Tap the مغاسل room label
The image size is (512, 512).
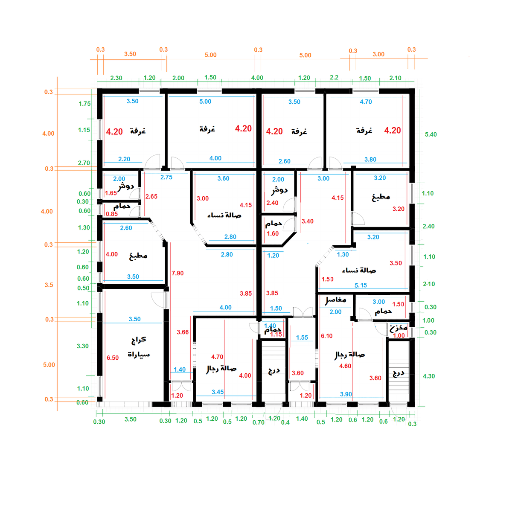coord(336,300)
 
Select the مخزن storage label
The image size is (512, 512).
coord(399,328)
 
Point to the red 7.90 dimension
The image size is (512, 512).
coord(177,273)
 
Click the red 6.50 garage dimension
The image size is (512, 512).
coord(113,358)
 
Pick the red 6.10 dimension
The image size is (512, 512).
coord(327,336)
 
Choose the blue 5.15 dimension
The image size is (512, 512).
coord(361,285)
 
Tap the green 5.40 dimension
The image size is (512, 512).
coord(431,134)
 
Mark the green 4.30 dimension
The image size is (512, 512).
coord(429,376)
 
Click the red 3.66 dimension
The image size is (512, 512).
coord(183,332)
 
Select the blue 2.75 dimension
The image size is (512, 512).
coord(166,177)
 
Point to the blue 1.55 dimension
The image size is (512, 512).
coord(302,337)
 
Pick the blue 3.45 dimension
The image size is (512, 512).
coord(218,392)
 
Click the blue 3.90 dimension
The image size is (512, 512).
coord(346,394)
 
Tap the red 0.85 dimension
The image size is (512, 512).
coord(112,214)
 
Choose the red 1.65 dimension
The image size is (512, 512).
coord(111,193)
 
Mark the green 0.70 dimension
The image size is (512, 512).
coord(258,422)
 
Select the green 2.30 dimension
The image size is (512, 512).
coord(116,78)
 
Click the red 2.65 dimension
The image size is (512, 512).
coord(151,197)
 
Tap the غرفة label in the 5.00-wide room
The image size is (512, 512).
coord(207,129)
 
